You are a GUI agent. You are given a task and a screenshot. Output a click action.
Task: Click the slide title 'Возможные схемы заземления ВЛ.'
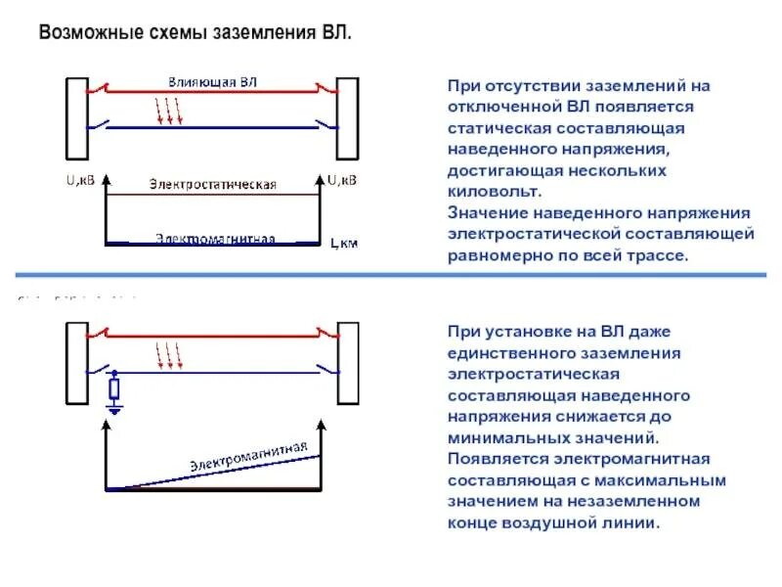click(x=194, y=33)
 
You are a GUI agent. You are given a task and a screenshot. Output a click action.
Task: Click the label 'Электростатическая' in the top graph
click(x=213, y=184)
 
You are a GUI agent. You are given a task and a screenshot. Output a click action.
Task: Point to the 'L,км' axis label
click(x=344, y=244)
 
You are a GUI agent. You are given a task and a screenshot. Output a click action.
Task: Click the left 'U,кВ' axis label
click(x=81, y=180)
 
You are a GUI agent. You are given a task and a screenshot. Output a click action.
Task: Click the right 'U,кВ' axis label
click(x=342, y=180)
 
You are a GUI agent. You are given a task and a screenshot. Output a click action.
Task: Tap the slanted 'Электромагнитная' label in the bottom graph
click(x=248, y=456)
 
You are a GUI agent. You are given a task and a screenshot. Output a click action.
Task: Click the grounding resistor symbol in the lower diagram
click(x=114, y=389)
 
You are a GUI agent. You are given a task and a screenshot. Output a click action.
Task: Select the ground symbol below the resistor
click(x=114, y=411)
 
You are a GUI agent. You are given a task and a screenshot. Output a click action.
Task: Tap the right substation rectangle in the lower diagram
click(x=348, y=362)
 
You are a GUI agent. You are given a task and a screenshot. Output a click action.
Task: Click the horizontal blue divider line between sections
click(x=391, y=275)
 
